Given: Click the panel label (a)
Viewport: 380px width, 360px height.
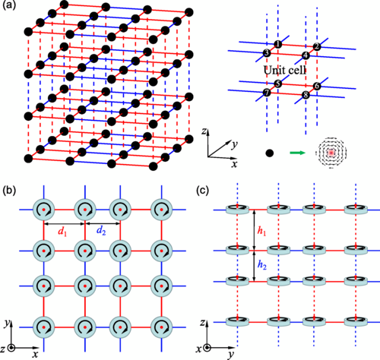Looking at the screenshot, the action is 9,5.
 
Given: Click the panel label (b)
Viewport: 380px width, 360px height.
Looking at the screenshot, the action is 9,191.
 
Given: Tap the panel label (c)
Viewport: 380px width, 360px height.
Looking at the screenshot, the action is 203,191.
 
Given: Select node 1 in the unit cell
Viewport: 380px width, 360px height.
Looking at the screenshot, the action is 278,44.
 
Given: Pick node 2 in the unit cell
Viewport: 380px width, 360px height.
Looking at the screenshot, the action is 317,46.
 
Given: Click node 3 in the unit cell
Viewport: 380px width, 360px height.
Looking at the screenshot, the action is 267,53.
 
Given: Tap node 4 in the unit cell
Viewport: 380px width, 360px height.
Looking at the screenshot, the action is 306,55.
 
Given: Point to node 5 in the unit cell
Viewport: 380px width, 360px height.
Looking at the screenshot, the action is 278,84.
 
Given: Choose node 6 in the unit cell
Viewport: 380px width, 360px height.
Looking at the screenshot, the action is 317,86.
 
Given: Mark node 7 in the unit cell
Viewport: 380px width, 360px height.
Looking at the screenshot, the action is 267,93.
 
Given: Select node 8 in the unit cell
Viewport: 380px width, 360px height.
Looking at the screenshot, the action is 306,95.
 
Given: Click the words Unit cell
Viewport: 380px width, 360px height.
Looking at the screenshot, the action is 285,70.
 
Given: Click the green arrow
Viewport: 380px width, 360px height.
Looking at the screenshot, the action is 297,153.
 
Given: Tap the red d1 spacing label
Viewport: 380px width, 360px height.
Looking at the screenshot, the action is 63,231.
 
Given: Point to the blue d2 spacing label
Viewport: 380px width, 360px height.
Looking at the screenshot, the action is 101,231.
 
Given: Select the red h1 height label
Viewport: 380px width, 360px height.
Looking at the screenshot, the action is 262,231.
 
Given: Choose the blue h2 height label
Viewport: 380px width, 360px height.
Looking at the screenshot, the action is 262,265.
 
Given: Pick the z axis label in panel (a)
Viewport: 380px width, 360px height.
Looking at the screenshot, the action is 204,131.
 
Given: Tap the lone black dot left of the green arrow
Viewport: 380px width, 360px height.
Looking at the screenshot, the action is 270,153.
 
